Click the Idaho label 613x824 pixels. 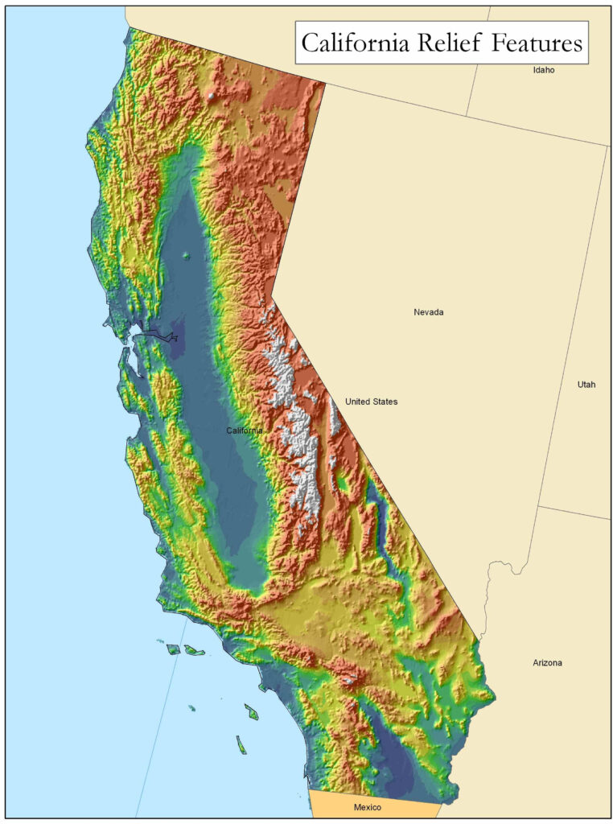544,70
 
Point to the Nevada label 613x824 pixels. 428,312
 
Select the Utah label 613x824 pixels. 586,385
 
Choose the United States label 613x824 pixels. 371,402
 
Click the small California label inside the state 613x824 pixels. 244,431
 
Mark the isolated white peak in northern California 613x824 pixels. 211,97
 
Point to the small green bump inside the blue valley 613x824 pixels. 187,257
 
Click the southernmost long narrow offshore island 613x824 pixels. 241,744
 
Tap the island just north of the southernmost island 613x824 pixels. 252,711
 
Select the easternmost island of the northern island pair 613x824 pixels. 194,650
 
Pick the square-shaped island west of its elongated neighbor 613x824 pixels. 172,649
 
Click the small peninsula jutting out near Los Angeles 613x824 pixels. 261,686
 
